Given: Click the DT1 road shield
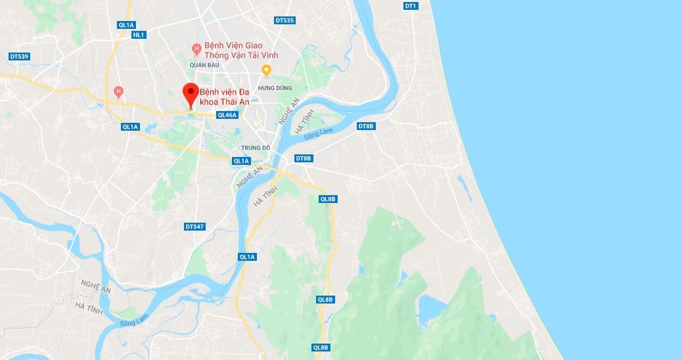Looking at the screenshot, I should coord(411,6).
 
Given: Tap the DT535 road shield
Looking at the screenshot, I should coord(284,20).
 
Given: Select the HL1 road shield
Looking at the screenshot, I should coord(138,35).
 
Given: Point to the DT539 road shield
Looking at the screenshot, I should coord(20,56).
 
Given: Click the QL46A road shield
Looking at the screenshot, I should coord(227,115).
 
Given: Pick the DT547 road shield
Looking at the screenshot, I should coord(195,227).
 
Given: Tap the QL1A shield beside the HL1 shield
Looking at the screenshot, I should coord(126,25).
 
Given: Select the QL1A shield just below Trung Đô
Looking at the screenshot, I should coord(241,161).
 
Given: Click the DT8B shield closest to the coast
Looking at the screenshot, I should coord(366,126).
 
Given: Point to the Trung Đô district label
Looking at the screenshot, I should coord(256,148).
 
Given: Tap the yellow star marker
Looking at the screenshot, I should coord(266,69).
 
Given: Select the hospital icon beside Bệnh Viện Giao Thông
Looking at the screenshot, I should coord(196,49).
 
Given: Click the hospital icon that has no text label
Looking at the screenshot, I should coord(118,91).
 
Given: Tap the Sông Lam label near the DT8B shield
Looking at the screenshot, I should coord(322,131).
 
